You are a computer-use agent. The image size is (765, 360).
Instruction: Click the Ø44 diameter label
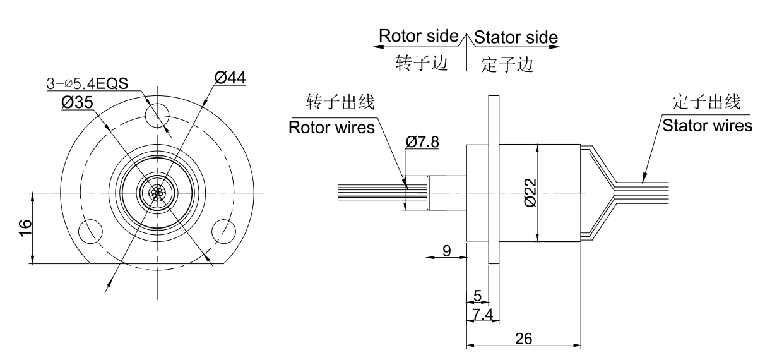pos(230,78)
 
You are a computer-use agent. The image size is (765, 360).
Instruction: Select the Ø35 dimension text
pos(77,103)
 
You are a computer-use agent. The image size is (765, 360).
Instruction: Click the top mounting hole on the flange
pos(156,115)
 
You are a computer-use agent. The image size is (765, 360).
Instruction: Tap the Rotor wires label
pos(331,127)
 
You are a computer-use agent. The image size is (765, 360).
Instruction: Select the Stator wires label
pos(707,125)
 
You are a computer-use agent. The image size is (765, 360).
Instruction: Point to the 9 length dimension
pos(446,251)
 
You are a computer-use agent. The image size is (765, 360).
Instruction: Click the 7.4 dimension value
pos(482,314)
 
